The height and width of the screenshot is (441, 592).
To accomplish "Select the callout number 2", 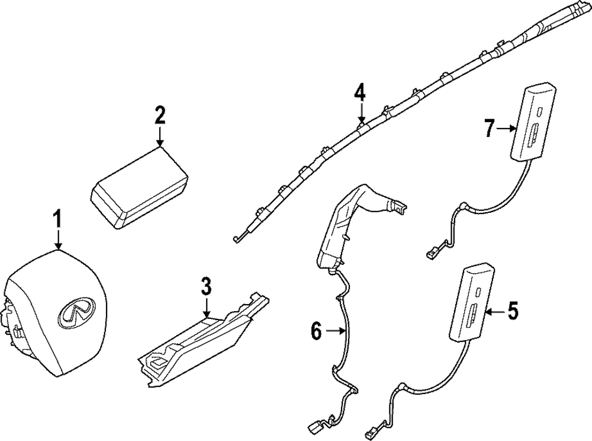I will point(160,115).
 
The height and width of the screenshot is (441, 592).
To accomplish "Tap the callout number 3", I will point(206,288).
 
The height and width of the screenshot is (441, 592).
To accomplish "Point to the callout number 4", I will point(360,93).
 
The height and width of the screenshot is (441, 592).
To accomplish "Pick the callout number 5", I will point(512,309).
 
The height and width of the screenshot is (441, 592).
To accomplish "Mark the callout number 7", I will point(489,127).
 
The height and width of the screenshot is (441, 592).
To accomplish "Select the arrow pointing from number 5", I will point(495,310).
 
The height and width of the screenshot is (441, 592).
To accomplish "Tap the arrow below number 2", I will point(160,137).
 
